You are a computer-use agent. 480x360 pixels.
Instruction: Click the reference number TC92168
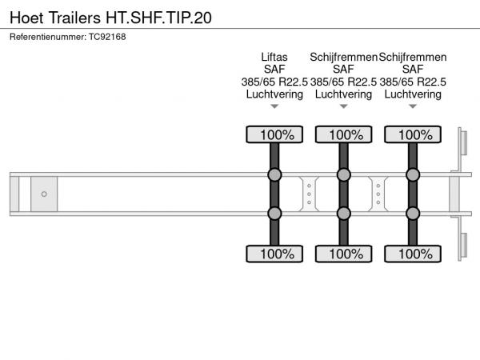tap(107, 37)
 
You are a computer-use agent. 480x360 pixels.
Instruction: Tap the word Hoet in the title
tap(26, 18)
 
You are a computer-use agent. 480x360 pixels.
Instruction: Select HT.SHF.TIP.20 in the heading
tap(159, 18)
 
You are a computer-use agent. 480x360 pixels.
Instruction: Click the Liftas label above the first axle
tap(274, 57)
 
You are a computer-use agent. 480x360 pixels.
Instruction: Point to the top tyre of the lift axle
tap(274, 134)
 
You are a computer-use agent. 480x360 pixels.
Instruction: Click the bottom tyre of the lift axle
tap(274, 254)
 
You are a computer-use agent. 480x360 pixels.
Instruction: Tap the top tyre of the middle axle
tap(344, 134)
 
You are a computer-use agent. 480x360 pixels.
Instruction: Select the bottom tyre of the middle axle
tap(344, 254)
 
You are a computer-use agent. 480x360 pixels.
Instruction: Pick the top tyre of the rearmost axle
tap(413, 134)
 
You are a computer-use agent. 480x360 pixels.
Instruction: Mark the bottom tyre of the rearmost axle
tap(413, 254)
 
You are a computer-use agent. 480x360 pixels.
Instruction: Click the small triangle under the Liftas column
tap(274, 106)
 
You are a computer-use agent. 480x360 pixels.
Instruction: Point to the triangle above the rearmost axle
tap(413, 106)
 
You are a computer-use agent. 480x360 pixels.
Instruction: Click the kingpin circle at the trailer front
tap(44, 194)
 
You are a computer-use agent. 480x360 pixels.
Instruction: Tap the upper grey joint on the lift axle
tap(274, 174)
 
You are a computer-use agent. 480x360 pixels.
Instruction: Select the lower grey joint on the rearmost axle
tap(413, 214)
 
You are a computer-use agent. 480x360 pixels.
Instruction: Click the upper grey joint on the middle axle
tap(344, 174)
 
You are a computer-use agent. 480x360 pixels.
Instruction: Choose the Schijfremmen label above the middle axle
tap(343, 58)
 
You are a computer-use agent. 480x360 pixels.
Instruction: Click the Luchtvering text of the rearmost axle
tap(413, 94)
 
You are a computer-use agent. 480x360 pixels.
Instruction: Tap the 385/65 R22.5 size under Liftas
tap(274, 82)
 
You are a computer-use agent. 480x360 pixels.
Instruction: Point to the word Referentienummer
tap(48, 37)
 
